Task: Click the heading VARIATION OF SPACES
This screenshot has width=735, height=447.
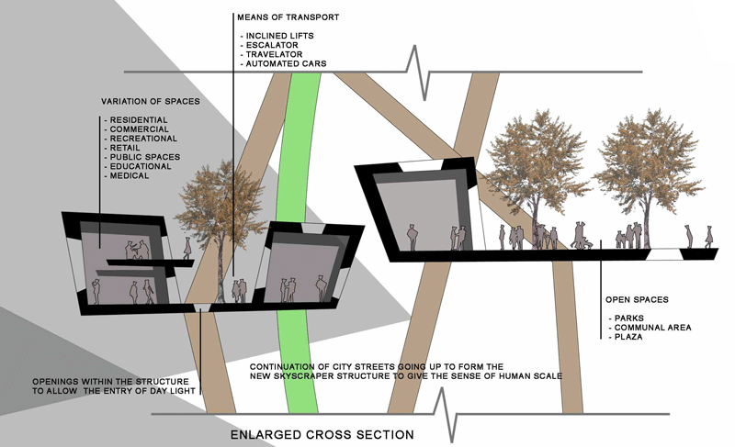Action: [148, 101]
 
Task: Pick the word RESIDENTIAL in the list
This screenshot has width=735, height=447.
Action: [139, 120]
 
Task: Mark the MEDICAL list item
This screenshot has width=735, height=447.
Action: [130, 175]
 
